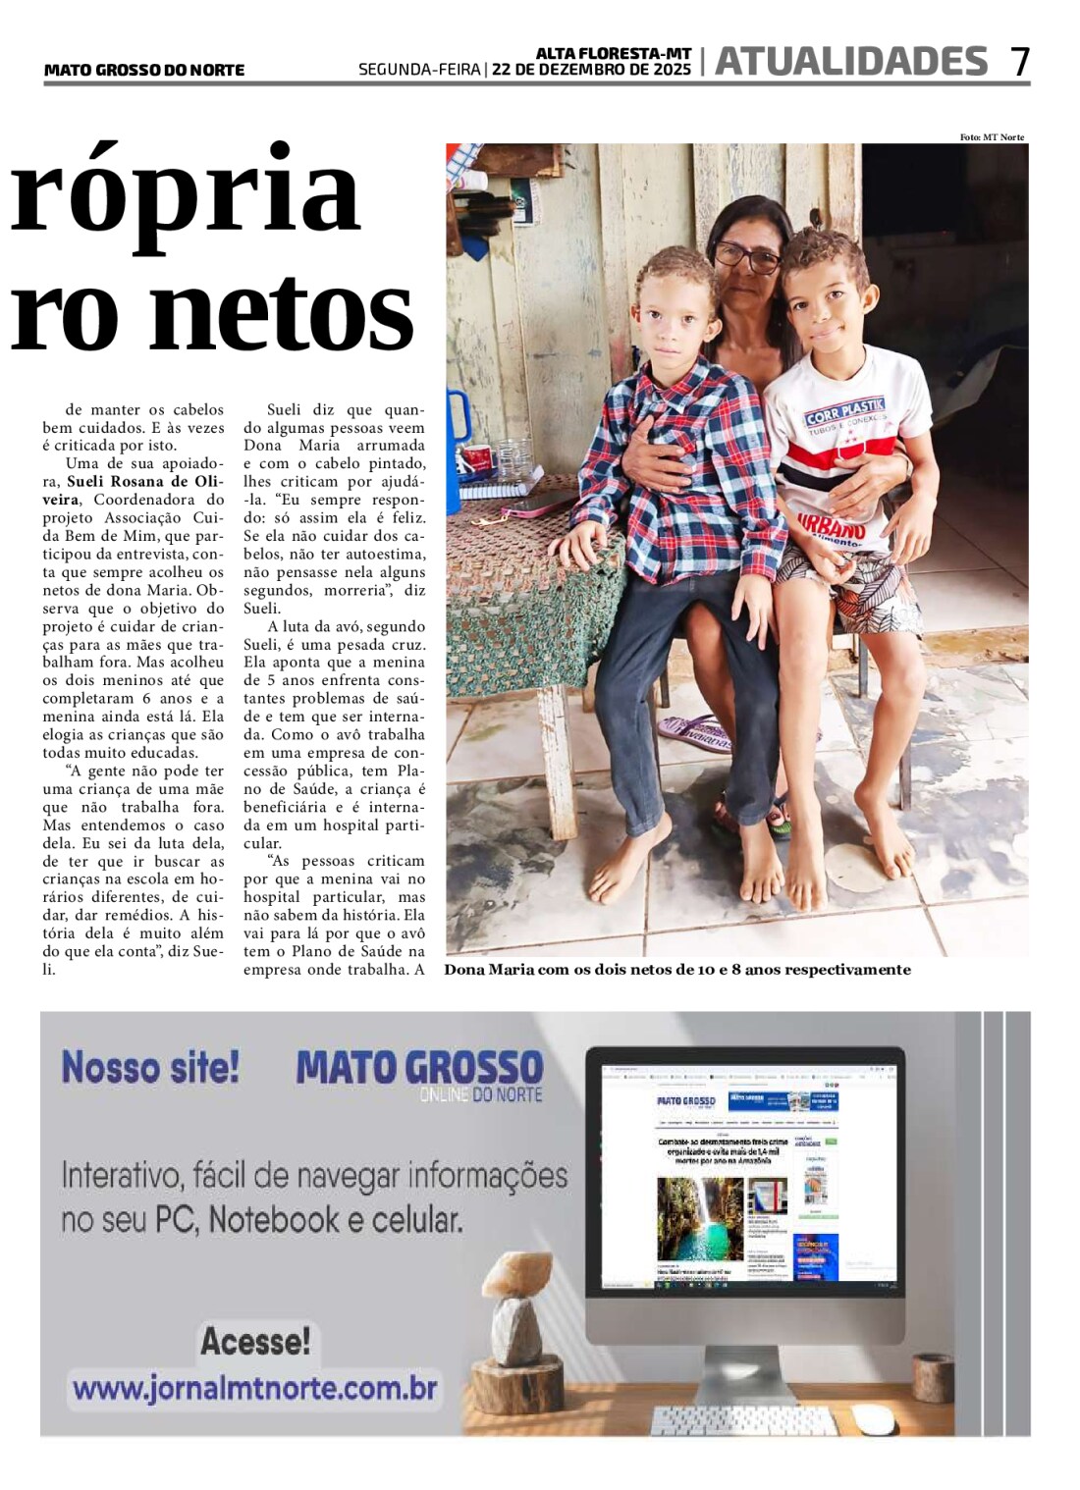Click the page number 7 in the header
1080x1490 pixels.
coord(1020,62)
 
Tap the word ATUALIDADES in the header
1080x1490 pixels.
coord(850,62)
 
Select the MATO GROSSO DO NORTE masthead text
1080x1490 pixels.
coord(144,70)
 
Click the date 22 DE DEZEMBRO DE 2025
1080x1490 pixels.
coord(591,70)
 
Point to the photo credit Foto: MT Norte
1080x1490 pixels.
coord(992,137)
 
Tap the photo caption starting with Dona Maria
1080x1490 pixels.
coord(677,970)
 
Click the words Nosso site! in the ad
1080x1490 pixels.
coord(150,1067)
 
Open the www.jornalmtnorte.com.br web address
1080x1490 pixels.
coord(254,1389)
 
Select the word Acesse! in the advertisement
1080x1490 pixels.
coord(255,1341)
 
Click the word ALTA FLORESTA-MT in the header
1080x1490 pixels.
coord(614,53)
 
